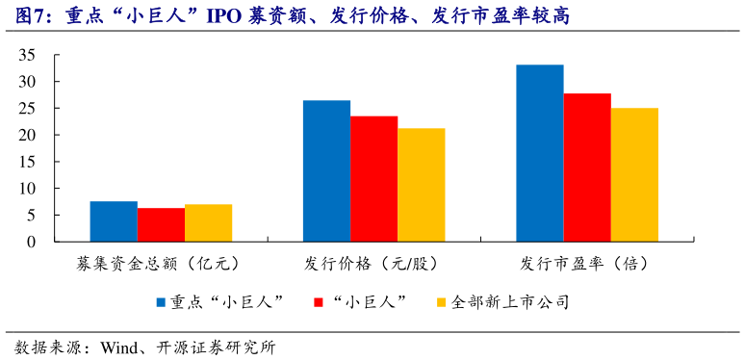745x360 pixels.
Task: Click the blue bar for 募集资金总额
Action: click(114, 221)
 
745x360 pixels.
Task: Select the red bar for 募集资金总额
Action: click(161, 224)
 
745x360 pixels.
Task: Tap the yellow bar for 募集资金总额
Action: click(208, 222)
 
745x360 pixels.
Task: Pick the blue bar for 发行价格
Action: click(326, 170)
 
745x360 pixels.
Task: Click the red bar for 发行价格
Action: click(373, 179)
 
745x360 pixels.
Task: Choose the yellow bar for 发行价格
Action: click(421, 185)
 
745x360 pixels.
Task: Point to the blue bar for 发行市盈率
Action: click(540, 153)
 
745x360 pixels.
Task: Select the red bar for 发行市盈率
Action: click(587, 167)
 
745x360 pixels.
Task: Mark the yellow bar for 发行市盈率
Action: click(634, 174)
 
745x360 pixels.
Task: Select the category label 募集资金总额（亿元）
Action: click(160, 263)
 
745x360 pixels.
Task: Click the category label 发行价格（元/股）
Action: click(373, 263)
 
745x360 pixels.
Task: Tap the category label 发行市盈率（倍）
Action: click(587, 263)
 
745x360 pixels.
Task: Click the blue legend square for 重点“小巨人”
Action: click(162, 302)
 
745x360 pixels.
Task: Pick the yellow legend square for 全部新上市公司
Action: click(443, 302)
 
